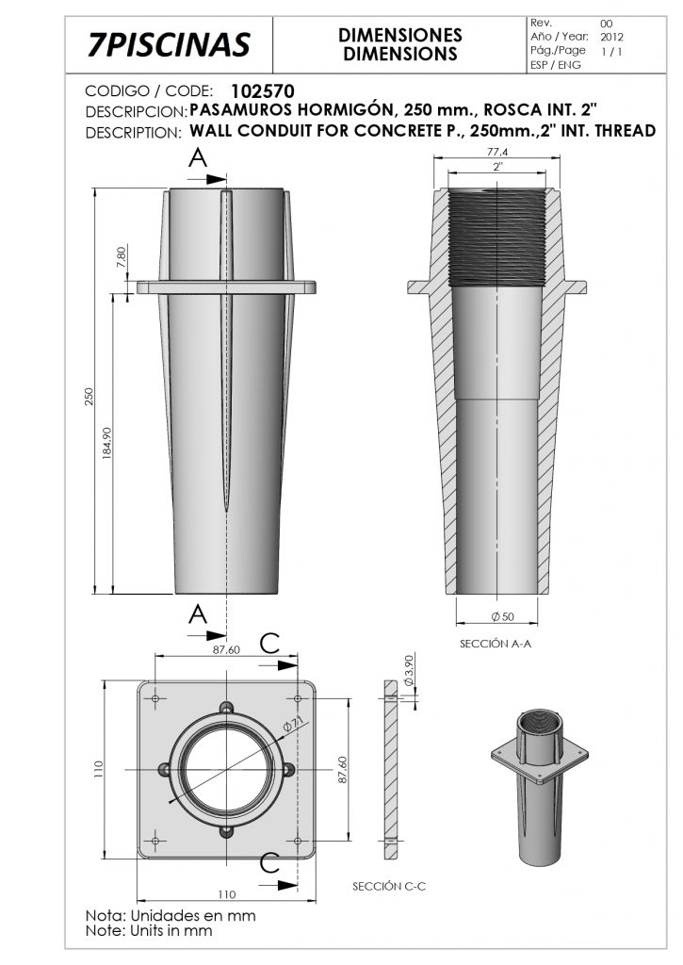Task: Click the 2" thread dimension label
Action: pos(497,166)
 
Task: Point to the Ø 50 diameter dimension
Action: pos(501,615)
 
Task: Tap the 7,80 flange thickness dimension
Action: pos(120,256)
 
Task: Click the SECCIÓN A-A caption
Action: pos(497,646)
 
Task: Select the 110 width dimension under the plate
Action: pos(227,893)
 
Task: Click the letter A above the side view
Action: pos(198,159)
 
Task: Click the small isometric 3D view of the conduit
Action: pos(540,785)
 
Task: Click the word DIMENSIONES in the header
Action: pos(400,35)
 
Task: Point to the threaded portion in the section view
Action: pos(497,237)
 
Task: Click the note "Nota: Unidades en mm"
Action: pos(170,915)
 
